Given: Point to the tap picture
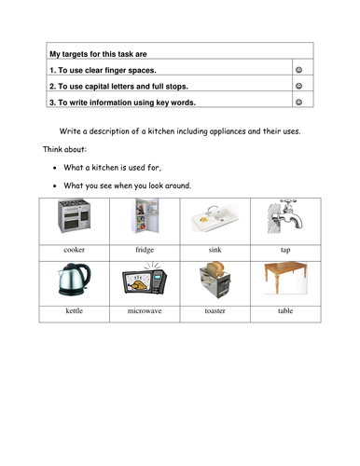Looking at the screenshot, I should (284, 220).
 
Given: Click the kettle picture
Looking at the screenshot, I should (75, 281).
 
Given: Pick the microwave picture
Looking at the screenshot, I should (144, 282).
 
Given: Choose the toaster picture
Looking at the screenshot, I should (215, 281).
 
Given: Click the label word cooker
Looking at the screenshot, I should (75, 251).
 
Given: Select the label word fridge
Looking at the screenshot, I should (144, 251).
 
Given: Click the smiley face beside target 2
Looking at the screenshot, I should (300, 86).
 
